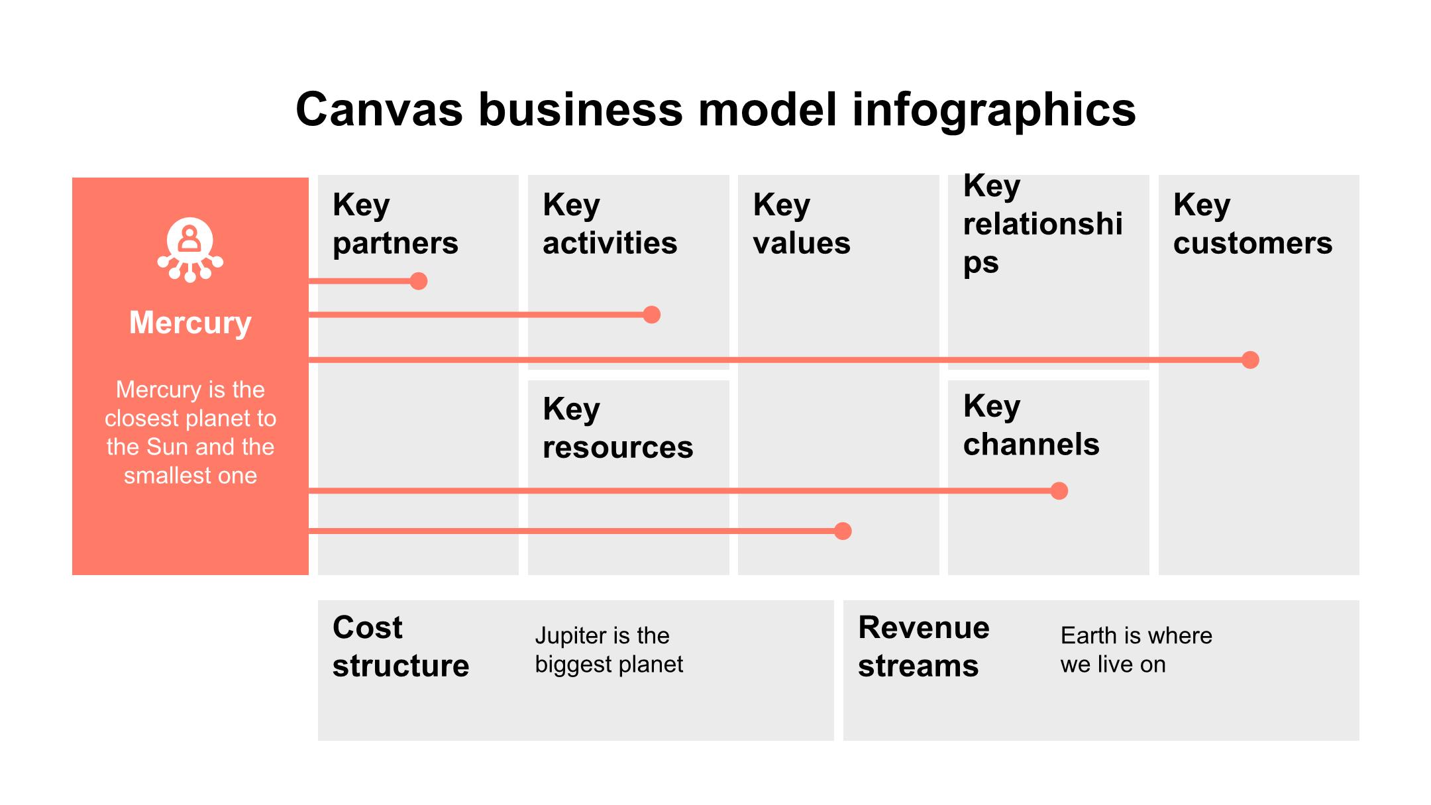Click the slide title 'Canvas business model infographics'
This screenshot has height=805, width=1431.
715,109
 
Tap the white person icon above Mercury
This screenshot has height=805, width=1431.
190,249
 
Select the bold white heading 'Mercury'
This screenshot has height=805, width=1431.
190,323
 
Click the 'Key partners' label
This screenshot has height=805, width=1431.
395,224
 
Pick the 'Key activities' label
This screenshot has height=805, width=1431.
609,224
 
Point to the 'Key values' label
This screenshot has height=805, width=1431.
801,224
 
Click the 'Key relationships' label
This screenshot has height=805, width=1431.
1042,224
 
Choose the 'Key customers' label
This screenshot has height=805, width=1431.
1252,224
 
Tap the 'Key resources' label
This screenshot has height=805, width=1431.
617,428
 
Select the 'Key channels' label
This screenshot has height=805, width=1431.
1031,425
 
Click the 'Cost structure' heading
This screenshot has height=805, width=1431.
400,646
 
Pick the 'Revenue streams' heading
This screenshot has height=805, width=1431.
924,646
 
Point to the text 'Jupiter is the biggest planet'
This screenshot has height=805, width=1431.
608,650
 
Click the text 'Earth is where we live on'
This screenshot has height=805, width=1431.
1136,650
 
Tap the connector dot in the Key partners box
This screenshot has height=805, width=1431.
418,281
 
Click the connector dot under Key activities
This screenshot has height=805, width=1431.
652,315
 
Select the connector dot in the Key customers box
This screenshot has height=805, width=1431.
1250,360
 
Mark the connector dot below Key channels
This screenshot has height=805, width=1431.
1059,491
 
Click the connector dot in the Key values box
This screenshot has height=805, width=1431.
843,531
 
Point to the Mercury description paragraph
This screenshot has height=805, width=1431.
190,432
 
